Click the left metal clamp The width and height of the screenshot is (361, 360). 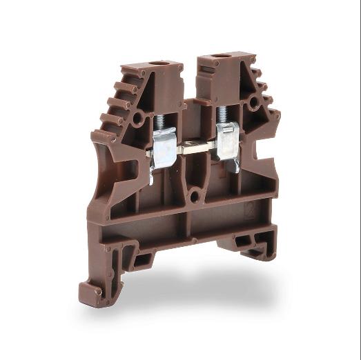pos(164,146)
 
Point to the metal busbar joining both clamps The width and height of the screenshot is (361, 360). pos(196,148)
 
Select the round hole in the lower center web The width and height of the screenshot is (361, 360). pos(195,197)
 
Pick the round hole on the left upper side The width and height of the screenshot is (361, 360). pos(139,119)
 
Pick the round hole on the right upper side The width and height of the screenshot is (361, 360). pos(255,103)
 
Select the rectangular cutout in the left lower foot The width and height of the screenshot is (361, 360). pos(143,260)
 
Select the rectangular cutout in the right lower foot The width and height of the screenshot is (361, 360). pos(242,241)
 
